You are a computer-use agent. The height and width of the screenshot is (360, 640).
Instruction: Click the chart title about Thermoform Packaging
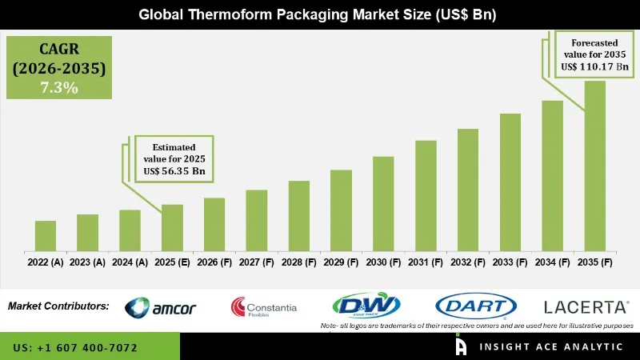pyautogui.click(x=320, y=14)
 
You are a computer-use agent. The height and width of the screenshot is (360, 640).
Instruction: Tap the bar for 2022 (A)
pyautogui.click(x=46, y=235)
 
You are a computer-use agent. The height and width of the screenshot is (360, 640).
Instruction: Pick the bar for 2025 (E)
pyautogui.click(x=172, y=227)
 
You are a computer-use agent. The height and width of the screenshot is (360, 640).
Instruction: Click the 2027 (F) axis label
pyautogui.click(x=256, y=262)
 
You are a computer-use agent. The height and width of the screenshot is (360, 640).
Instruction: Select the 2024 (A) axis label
pyautogui.click(x=130, y=262)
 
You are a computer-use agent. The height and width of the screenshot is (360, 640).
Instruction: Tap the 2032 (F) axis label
pyautogui.click(x=468, y=262)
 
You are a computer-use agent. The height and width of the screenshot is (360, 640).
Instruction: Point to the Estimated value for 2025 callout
pyautogui.click(x=174, y=158)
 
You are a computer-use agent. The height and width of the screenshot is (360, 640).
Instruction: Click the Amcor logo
pyautogui.click(x=161, y=307)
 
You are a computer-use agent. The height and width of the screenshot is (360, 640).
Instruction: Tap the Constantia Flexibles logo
pyautogui.click(x=264, y=307)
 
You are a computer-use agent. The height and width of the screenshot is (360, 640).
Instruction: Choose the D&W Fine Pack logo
pyautogui.click(x=366, y=306)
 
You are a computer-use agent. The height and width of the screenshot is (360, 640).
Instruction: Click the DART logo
pyautogui.click(x=475, y=306)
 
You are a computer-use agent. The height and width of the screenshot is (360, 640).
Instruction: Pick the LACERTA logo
pyautogui.click(x=586, y=306)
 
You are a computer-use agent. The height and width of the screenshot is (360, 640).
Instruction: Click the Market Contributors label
pyautogui.click(x=58, y=306)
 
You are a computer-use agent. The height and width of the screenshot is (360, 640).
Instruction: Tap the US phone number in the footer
pyautogui.click(x=75, y=348)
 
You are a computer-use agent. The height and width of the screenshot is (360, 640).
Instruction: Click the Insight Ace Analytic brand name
pyautogui.click(x=551, y=347)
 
